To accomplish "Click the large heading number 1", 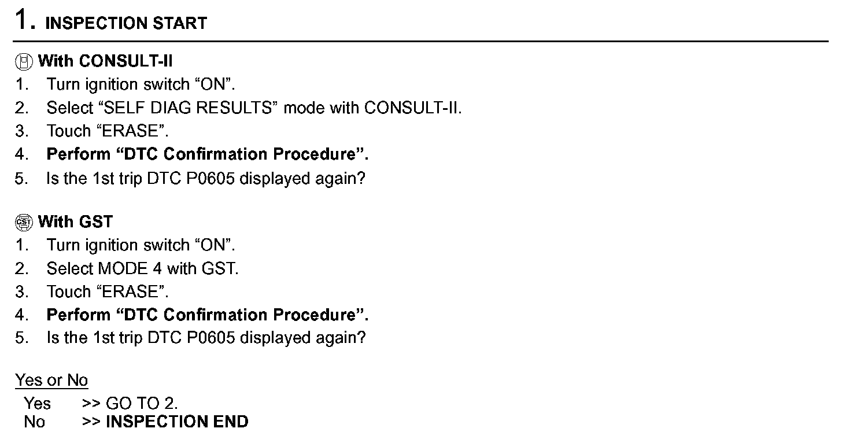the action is click(x=21, y=19).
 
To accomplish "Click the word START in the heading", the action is click(x=180, y=23).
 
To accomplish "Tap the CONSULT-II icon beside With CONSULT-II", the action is click(x=24, y=62).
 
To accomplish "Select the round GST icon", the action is click(x=24, y=222).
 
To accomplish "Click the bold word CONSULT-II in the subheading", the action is click(x=125, y=61).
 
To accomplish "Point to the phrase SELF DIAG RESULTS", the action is click(x=187, y=108).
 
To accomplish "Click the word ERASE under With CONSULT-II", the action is click(x=130, y=131).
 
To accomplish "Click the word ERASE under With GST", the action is click(x=130, y=291).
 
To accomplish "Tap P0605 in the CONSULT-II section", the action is click(x=211, y=178).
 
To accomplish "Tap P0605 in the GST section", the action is click(x=211, y=338).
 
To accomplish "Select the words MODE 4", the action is click(x=130, y=268).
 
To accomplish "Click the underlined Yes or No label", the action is click(x=51, y=380).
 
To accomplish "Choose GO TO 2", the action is click(x=142, y=404).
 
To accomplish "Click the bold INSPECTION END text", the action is click(x=177, y=422).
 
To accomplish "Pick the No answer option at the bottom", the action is click(x=34, y=422).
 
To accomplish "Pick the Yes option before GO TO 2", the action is click(x=37, y=404).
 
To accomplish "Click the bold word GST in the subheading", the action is click(x=96, y=221).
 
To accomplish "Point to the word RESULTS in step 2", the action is click(x=234, y=108).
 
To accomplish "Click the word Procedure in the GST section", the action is click(x=314, y=315).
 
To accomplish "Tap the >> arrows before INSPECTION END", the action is click(x=91, y=422).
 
